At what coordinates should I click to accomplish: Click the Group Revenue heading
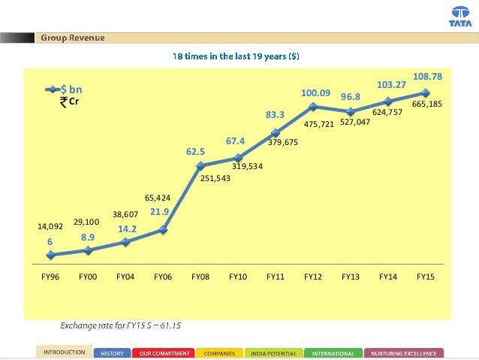(x=72, y=38)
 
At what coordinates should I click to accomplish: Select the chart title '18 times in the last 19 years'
(x=238, y=56)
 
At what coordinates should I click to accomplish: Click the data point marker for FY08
(x=200, y=165)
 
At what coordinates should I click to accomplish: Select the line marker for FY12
(x=313, y=106)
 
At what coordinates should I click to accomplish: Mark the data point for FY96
(x=50, y=255)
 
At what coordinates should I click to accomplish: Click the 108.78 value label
(x=426, y=77)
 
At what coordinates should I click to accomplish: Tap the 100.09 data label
(x=316, y=92)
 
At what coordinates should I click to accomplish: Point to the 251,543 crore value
(x=215, y=179)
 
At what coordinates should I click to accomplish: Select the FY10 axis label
(x=238, y=277)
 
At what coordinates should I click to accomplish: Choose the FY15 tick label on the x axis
(x=426, y=277)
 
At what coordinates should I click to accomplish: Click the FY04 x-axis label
(x=125, y=277)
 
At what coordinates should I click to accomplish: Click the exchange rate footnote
(x=121, y=325)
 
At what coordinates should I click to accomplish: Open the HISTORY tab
(x=113, y=352)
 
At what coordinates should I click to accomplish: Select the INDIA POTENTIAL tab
(x=273, y=352)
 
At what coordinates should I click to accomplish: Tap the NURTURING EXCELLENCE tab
(x=404, y=352)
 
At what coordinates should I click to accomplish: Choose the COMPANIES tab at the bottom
(x=219, y=352)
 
